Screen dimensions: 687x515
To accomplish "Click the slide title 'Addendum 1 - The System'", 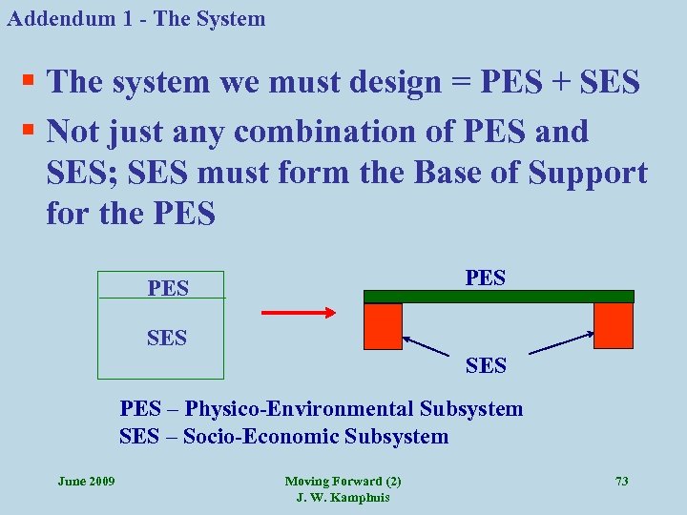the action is click(x=135, y=18).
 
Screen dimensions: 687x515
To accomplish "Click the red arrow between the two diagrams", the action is click(x=297, y=311).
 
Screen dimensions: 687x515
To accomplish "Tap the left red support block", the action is click(x=384, y=326).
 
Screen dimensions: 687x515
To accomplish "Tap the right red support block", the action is click(x=613, y=325).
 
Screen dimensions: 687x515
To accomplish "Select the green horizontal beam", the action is click(x=498, y=297).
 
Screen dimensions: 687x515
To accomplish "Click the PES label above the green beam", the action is click(x=485, y=278).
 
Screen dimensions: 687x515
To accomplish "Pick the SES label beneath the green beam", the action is click(x=486, y=364).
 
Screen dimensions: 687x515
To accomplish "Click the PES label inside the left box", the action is click(x=168, y=287).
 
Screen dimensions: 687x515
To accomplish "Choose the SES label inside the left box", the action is click(x=167, y=337).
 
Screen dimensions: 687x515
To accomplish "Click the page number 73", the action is click(x=621, y=482).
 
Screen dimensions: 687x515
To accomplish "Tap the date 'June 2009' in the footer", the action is click(x=86, y=482).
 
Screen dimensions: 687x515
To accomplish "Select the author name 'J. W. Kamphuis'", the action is click(x=343, y=498).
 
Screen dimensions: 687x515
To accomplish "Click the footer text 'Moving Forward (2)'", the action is click(x=343, y=482).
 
